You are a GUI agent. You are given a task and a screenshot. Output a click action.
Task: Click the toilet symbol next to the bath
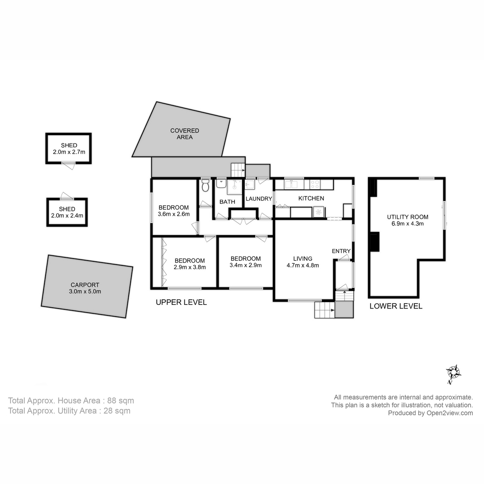pyautogui.click(x=205, y=186)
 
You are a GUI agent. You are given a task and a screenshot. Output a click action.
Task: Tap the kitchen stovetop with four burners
pyautogui.click(x=315, y=185)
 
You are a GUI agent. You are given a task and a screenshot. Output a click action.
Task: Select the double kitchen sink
pyautogui.click(x=291, y=185)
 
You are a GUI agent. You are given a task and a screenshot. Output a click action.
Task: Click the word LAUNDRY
pyautogui.click(x=259, y=199)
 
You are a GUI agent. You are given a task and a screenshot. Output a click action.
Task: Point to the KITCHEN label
pyautogui.click(x=311, y=198)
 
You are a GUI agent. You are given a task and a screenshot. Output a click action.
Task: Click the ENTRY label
pyautogui.click(x=341, y=251)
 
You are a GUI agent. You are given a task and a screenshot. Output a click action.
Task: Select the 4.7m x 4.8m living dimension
pyautogui.click(x=302, y=265)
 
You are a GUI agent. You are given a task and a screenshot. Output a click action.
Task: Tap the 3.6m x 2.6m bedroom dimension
pyautogui.click(x=173, y=214)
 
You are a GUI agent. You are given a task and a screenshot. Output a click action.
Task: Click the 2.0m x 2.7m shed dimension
pyautogui.click(x=69, y=152)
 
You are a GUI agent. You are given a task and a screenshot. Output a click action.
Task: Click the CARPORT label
pyautogui.click(x=85, y=284)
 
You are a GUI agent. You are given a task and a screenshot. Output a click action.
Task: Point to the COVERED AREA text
pyautogui.click(x=185, y=134)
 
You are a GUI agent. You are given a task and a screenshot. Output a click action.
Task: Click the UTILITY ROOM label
pyautogui.click(x=407, y=217)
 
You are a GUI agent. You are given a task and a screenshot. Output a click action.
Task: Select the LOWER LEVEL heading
pyautogui.click(x=396, y=306)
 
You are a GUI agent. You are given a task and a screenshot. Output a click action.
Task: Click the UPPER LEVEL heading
pyautogui.click(x=181, y=302)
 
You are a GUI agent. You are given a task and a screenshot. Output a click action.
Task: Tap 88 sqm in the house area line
pyautogui.click(x=121, y=401)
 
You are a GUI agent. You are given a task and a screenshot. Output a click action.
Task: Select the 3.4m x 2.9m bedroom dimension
pyautogui.click(x=245, y=265)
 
